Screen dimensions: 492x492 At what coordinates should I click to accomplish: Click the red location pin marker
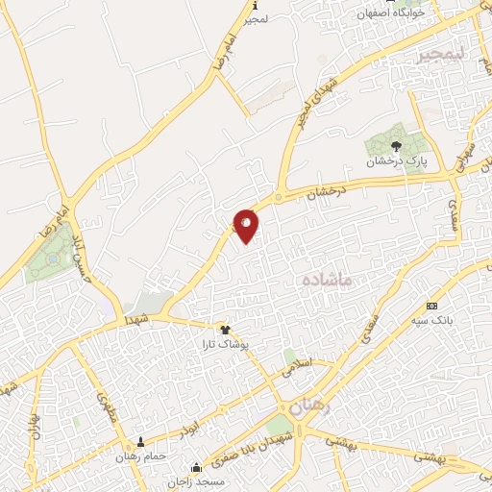click(x=247, y=225)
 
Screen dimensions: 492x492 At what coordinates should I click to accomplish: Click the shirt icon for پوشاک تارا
click(x=226, y=329)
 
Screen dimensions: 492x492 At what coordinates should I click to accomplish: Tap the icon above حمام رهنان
click(x=140, y=442)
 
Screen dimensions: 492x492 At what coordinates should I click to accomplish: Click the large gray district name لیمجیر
click(x=440, y=56)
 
